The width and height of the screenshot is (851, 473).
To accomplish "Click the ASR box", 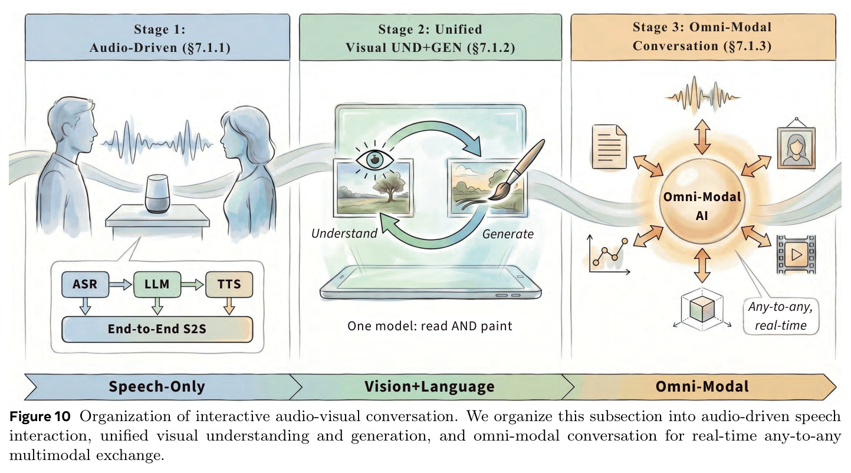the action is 85,284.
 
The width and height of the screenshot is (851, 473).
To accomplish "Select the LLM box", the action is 157,284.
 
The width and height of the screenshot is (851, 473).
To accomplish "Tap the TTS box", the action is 229,284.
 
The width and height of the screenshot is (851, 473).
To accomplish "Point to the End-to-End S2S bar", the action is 157,329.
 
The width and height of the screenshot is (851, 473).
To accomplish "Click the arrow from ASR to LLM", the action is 121,284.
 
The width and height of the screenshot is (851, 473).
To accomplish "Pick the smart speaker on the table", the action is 157,193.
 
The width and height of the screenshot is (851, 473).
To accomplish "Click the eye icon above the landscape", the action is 374,160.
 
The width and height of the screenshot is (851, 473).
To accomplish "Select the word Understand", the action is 344,234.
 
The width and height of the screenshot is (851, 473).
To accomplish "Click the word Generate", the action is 508,234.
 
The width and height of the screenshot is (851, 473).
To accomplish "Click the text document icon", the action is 609,147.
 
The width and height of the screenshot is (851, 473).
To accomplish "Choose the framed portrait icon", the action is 796,144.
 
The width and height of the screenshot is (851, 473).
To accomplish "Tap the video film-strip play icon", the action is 796,254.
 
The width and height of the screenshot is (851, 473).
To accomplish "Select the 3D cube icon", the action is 702,309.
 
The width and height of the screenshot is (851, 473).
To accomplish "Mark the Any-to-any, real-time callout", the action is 781,316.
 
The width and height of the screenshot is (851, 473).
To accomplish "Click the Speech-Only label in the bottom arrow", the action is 157,386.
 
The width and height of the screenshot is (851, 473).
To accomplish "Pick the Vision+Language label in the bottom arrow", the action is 430,386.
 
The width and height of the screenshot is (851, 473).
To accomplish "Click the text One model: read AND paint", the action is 430,326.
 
